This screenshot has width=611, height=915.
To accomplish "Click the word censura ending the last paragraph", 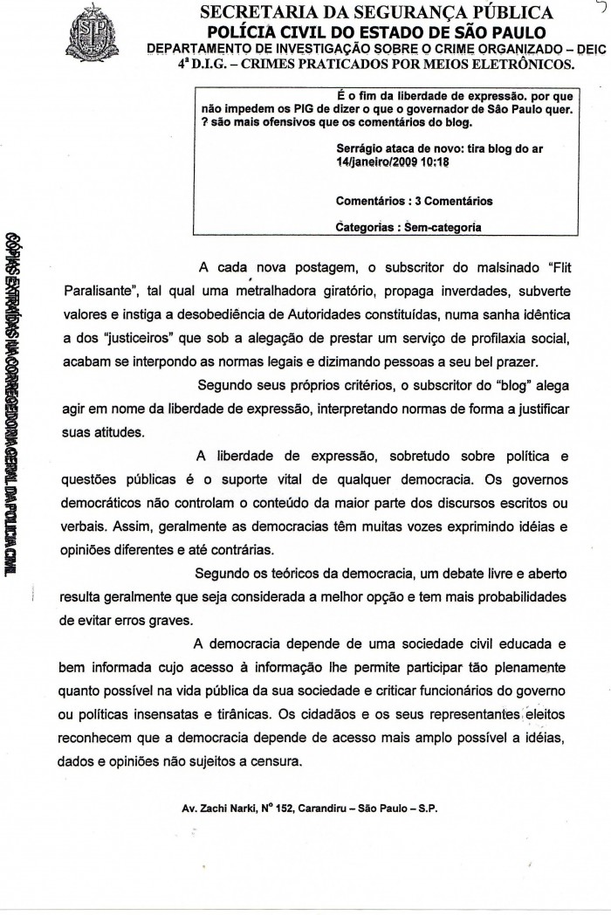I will [274, 761].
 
